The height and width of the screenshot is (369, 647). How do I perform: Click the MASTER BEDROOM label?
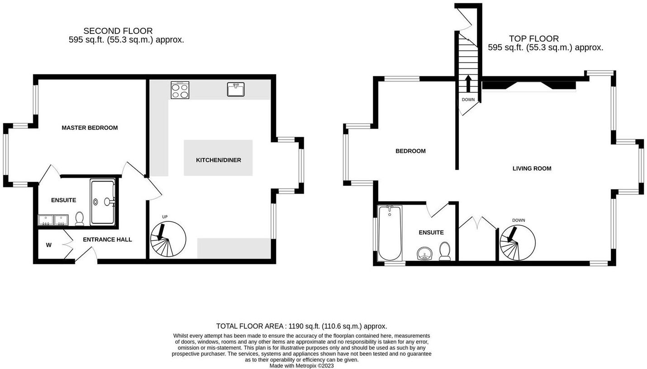coord(90,128)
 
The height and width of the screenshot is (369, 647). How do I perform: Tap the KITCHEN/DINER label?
coord(218,160)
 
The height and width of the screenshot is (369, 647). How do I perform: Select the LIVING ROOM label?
coord(532,168)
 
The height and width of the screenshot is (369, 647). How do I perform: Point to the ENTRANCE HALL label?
coord(107,240)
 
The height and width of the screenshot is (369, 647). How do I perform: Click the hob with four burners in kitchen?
coord(180,90)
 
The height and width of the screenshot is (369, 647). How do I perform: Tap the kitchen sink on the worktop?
coord(235,90)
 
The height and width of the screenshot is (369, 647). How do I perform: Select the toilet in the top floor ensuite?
coord(445,251)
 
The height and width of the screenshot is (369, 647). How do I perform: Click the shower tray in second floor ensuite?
coord(102,202)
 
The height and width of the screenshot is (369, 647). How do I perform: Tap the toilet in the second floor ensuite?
coord(80,219)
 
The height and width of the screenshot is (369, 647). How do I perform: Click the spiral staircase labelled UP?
coord(168,240)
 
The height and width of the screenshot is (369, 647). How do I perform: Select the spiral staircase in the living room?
coord(517,243)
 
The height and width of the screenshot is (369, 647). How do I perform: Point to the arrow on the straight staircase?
coord(468,84)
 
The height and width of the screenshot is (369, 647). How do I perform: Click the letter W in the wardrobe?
coord(48,245)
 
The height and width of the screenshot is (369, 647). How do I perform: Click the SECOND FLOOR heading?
coord(118,31)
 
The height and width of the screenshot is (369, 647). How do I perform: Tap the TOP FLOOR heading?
coord(533,38)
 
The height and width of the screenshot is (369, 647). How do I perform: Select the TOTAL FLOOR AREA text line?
coord(301,326)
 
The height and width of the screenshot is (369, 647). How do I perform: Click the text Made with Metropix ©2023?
coord(301,365)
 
